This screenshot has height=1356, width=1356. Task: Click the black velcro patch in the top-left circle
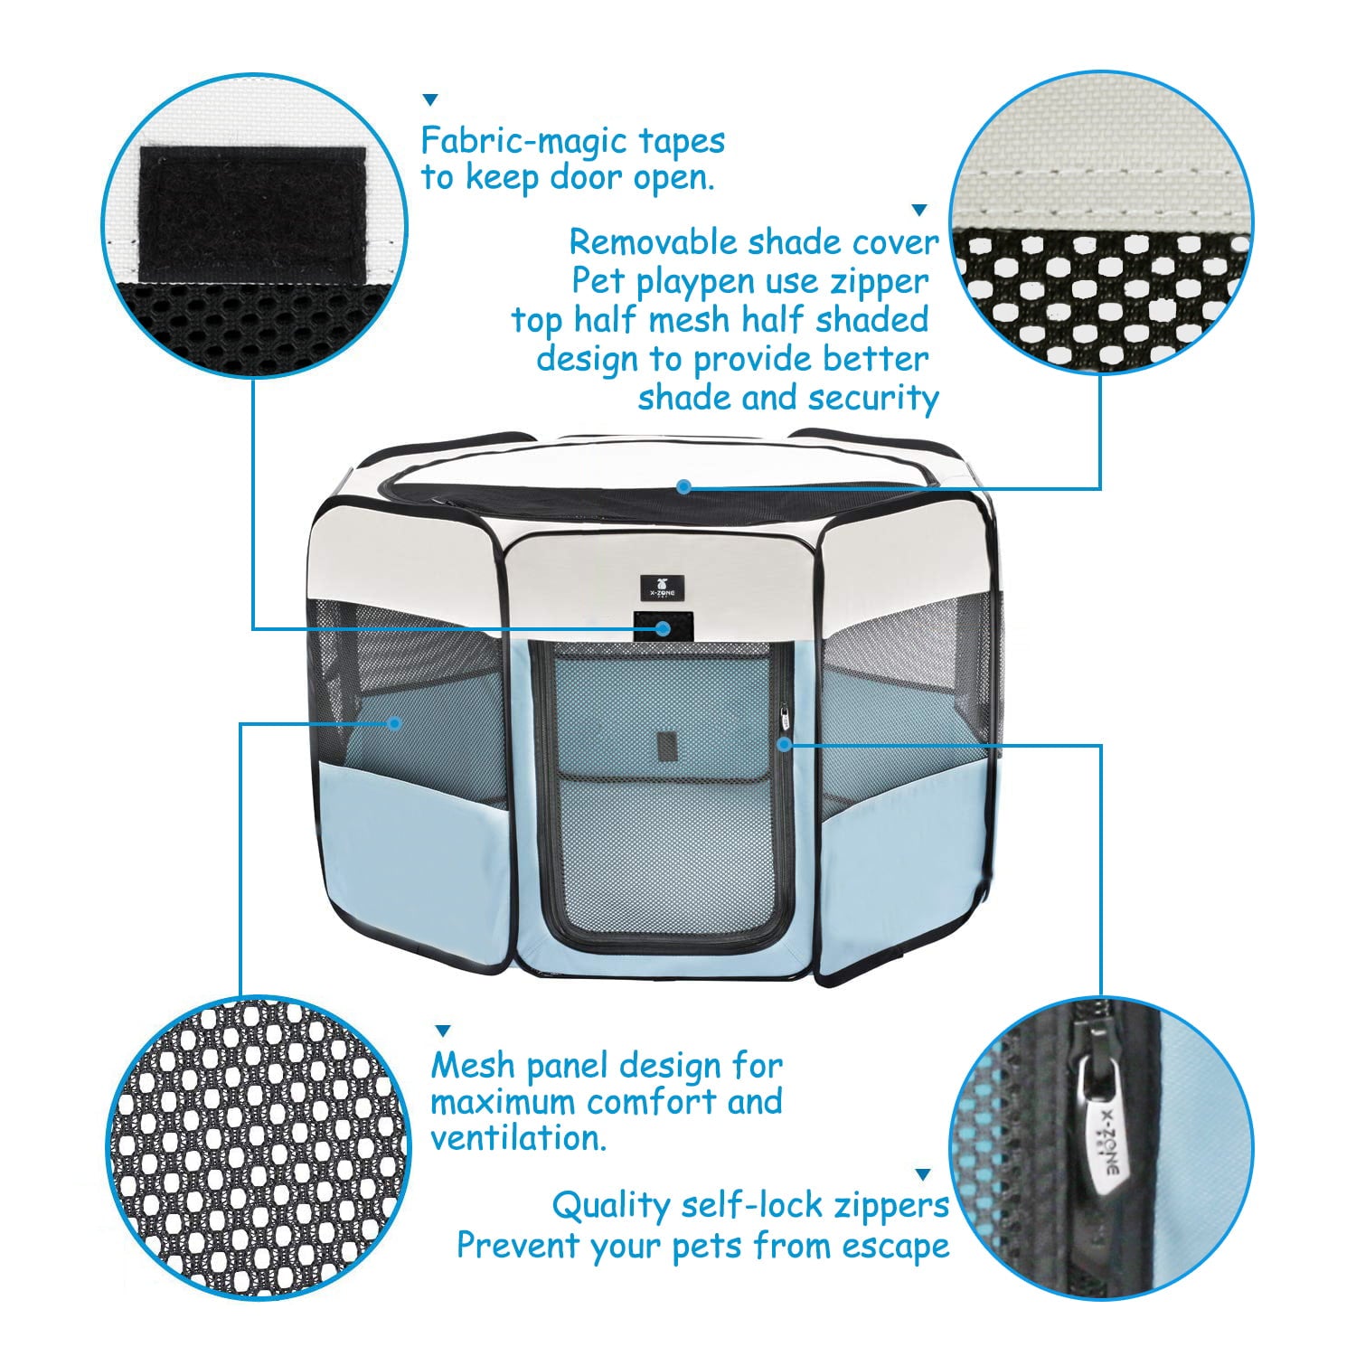pyautogui.click(x=252, y=213)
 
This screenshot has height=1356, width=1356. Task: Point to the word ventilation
pyautogui.click(x=517, y=1139)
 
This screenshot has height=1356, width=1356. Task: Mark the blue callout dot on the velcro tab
pyautogui.click(x=664, y=627)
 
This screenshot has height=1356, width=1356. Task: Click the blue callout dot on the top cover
pyautogui.click(x=684, y=487)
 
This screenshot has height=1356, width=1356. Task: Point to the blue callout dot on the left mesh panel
pyautogui.click(x=394, y=722)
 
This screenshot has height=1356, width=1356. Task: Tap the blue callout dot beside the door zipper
pyautogui.click(x=786, y=744)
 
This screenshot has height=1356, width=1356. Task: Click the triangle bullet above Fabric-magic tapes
pyautogui.click(x=431, y=99)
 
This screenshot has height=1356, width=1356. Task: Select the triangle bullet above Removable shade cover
pyautogui.click(x=919, y=210)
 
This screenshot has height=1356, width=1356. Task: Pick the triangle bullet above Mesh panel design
pyautogui.click(x=443, y=1031)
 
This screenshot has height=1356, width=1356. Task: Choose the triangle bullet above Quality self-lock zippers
pyautogui.click(x=922, y=1175)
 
